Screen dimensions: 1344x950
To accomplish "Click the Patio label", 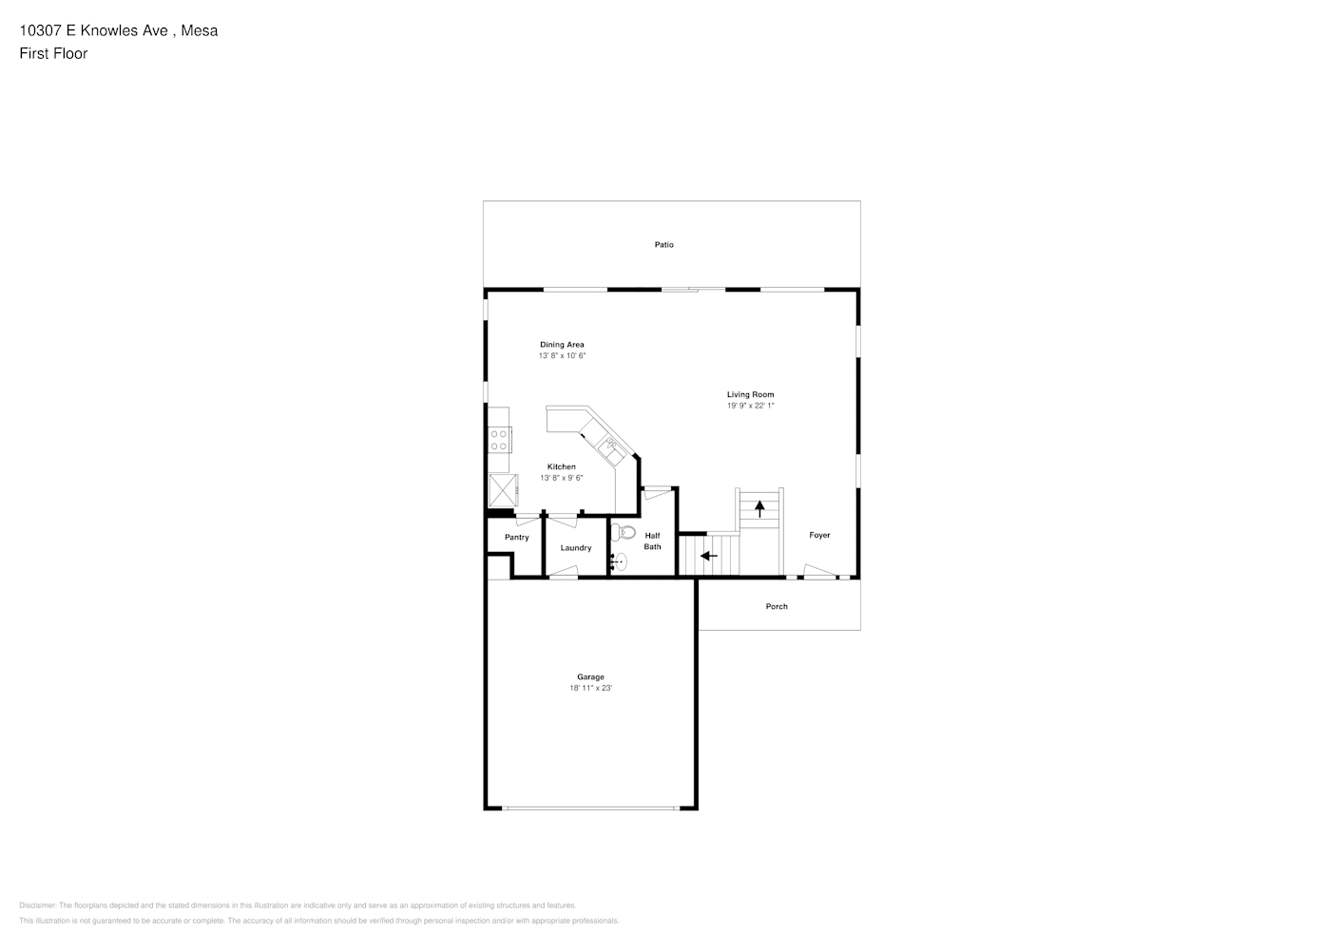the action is pyautogui.click(x=663, y=245).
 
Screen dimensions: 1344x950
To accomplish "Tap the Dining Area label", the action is pyautogui.click(x=562, y=344).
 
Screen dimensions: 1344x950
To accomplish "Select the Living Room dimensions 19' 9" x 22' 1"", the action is pyautogui.click(x=751, y=406).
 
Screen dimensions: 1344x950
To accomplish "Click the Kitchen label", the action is pyautogui.click(x=561, y=466).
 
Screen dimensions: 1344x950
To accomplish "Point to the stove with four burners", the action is pyautogui.click(x=499, y=440).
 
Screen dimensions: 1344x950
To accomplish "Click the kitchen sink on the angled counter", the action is pyautogui.click(x=612, y=451).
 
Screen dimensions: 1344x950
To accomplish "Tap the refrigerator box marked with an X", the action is pyautogui.click(x=503, y=490).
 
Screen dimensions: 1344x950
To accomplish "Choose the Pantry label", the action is pyautogui.click(x=517, y=538).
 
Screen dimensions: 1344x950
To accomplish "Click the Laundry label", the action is pyautogui.click(x=576, y=547).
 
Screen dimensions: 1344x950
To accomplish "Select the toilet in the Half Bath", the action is pyautogui.click(x=623, y=531).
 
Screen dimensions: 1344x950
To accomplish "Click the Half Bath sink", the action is pyautogui.click(x=619, y=562).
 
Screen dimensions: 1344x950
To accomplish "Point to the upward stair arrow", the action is pyautogui.click(x=759, y=508).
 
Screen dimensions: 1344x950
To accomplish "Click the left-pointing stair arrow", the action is pyautogui.click(x=709, y=556).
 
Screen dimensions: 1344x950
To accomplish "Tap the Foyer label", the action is pyautogui.click(x=819, y=535).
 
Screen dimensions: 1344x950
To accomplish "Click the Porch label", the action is pyautogui.click(x=777, y=606).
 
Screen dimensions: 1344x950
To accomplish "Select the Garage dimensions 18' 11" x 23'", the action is pyautogui.click(x=590, y=688).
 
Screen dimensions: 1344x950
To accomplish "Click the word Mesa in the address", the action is pyautogui.click(x=200, y=30).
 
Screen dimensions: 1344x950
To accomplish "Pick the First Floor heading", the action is pyautogui.click(x=53, y=53).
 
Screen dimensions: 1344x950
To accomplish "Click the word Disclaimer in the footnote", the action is pyautogui.click(x=37, y=905).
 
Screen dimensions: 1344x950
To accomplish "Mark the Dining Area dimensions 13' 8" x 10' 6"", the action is pyautogui.click(x=562, y=355).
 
